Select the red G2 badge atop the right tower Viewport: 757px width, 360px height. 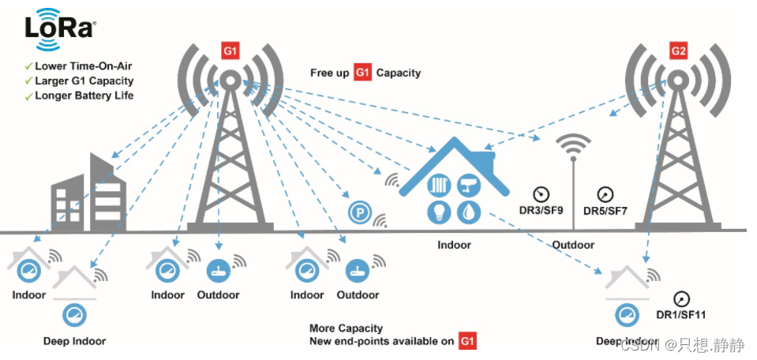[677, 52]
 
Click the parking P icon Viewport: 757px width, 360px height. [359, 212]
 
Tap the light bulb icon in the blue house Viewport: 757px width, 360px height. [438, 211]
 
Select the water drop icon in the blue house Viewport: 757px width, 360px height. [470, 211]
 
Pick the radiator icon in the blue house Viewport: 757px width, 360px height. [439, 185]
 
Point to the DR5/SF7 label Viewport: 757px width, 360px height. [605, 211]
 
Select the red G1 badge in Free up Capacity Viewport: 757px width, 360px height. [362, 73]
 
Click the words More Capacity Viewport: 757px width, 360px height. [346, 328]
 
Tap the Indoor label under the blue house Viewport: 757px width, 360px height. [454, 245]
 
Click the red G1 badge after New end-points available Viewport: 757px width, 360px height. [468, 341]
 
